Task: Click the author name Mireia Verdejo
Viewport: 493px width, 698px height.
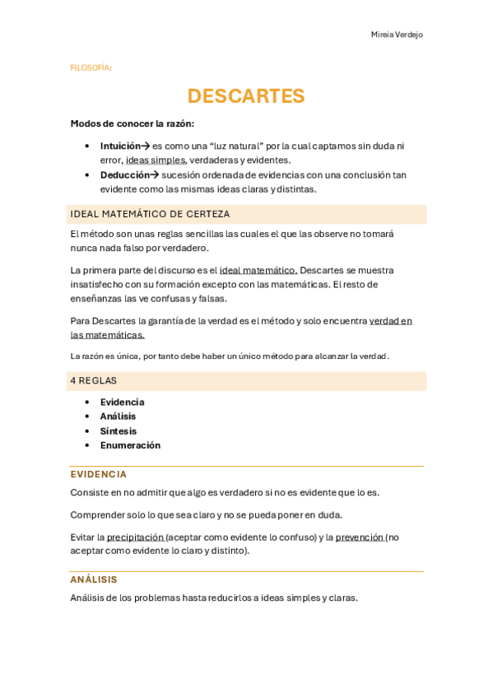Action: (396, 35)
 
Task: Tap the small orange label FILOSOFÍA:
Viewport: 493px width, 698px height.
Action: (91, 68)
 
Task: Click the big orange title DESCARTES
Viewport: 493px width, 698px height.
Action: (246, 96)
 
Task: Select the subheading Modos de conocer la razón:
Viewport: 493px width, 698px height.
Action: (132, 123)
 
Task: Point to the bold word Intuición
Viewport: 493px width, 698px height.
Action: (120, 146)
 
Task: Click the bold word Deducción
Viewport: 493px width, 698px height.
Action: (124, 174)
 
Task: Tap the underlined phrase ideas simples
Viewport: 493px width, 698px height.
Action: (156, 160)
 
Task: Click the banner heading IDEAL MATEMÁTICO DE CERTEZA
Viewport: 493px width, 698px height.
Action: (151, 214)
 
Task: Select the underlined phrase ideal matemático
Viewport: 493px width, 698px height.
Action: (258, 270)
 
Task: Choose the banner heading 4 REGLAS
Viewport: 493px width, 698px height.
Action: (94, 380)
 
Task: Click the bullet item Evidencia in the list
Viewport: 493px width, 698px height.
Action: (122, 402)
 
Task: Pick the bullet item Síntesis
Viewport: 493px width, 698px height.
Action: (119, 430)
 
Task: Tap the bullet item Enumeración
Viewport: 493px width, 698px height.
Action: (130, 445)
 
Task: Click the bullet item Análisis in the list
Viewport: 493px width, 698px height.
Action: (118, 416)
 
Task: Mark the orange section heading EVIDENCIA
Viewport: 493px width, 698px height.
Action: (99, 474)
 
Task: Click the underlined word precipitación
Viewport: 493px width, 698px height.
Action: (136, 537)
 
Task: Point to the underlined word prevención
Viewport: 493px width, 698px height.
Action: (360, 537)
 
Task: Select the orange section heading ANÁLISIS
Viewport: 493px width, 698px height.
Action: (94, 579)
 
